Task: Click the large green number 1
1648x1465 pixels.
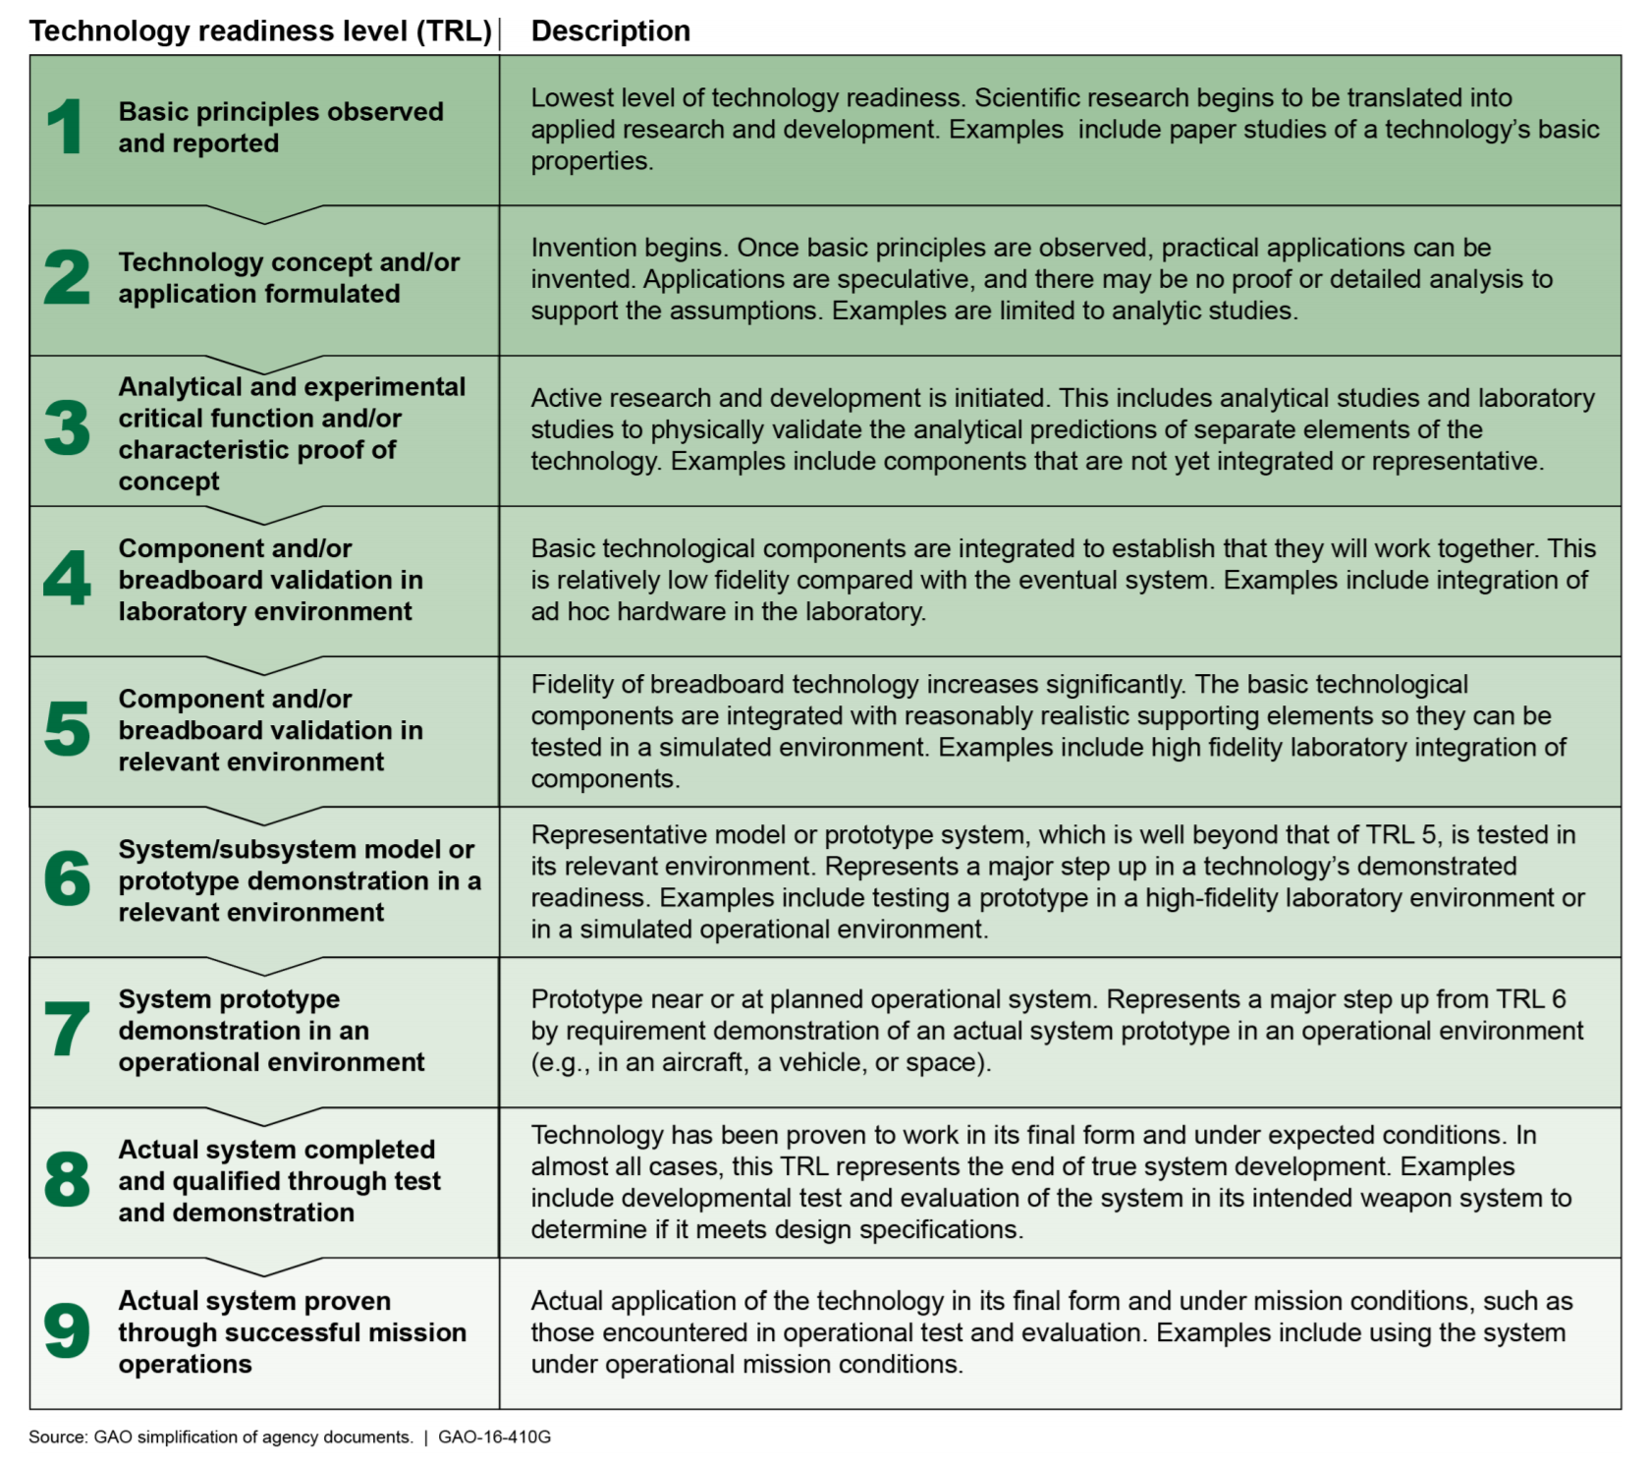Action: pyautogui.click(x=66, y=128)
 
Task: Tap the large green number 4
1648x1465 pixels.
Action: pyautogui.click(x=67, y=579)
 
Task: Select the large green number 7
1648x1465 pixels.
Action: pyautogui.click(x=67, y=1030)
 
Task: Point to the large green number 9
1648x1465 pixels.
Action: pyautogui.click(x=67, y=1331)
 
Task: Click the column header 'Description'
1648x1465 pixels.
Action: pyautogui.click(x=610, y=31)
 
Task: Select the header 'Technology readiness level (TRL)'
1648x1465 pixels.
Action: pyautogui.click(x=260, y=31)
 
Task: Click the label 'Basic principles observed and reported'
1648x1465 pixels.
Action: pyautogui.click(x=281, y=128)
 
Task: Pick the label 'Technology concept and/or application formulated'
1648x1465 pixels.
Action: pyautogui.click(x=289, y=278)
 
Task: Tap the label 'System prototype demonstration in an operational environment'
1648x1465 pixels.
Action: pyautogui.click(x=271, y=1031)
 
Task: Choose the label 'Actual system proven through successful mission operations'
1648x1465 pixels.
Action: pyautogui.click(x=292, y=1332)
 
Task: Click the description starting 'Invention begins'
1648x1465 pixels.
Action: pyautogui.click(x=1041, y=279)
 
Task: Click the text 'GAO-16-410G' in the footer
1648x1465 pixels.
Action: pyautogui.click(x=494, y=1437)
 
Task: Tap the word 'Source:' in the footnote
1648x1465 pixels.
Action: pyautogui.click(x=58, y=1437)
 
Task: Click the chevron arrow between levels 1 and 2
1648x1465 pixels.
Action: pyautogui.click(x=264, y=214)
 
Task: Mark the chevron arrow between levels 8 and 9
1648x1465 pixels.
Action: pyautogui.click(x=264, y=1267)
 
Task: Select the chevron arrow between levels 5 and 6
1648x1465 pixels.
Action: pyautogui.click(x=264, y=816)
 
